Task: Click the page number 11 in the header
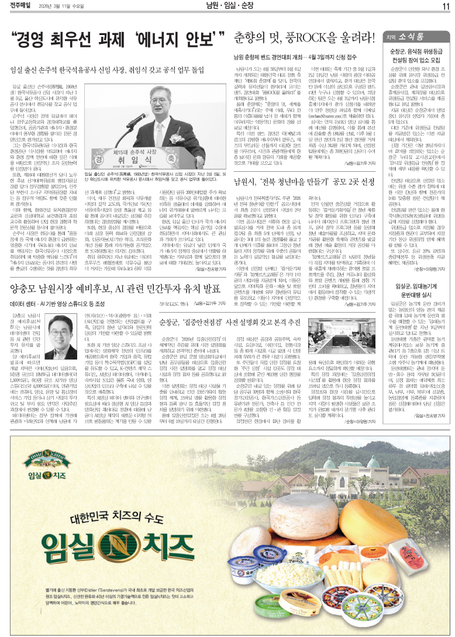[445, 6]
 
